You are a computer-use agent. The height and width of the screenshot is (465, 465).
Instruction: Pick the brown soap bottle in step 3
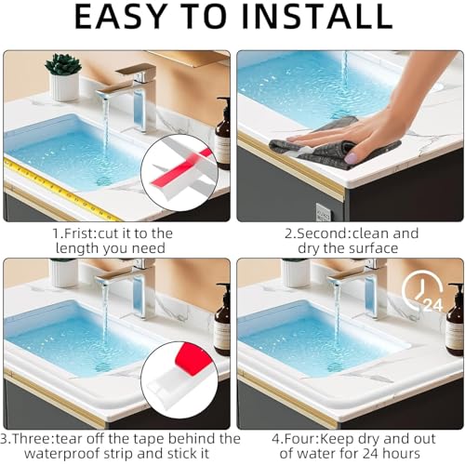(222, 321)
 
